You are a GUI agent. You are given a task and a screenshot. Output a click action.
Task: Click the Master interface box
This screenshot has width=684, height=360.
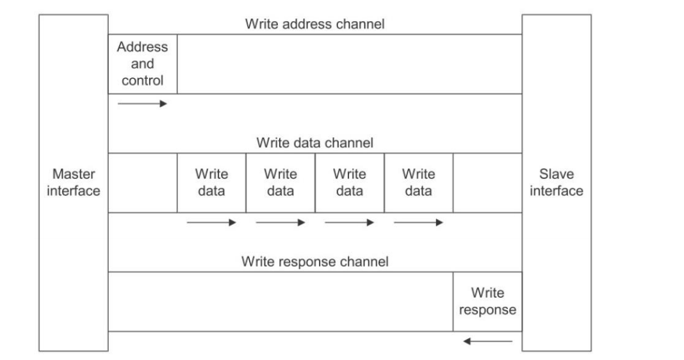point(73,183)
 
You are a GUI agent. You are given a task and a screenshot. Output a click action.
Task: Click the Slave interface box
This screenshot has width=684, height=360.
point(557,183)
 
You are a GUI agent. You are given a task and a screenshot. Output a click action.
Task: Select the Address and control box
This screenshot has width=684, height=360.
point(143,63)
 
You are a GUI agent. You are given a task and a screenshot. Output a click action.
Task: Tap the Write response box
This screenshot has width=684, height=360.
point(487,302)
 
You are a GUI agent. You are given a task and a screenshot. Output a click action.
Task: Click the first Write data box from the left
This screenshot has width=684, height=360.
point(211,183)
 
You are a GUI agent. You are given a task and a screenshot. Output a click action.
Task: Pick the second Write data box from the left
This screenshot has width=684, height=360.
point(281,183)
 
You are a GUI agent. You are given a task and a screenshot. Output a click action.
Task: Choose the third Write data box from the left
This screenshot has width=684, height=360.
point(350,183)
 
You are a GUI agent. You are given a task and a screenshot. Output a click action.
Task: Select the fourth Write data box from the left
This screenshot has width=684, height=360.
point(419,183)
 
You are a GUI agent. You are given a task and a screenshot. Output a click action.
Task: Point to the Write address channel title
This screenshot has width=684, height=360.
point(315,24)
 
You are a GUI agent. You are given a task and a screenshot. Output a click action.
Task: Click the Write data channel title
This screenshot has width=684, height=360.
point(315,143)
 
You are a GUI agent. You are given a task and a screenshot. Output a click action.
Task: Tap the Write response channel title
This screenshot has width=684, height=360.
point(315,261)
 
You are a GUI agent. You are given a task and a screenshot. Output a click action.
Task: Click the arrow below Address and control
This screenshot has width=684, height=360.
point(143,103)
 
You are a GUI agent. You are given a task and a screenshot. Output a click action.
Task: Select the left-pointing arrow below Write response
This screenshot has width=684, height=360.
point(487,341)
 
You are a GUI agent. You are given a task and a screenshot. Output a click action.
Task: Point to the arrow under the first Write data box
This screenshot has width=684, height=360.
point(211,222)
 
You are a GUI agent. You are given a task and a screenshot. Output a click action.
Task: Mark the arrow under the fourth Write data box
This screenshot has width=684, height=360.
point(419,222)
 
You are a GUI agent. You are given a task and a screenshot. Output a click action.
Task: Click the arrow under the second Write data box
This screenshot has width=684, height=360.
point(281,222)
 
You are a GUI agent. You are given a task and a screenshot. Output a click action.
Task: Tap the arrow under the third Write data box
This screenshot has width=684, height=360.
point(350,222)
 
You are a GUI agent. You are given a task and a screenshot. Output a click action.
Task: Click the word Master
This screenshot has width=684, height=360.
point(74,174)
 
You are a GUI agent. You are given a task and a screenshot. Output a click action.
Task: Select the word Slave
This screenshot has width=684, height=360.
point(557,174)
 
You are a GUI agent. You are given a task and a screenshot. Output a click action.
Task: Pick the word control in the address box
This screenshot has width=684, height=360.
point(143,80)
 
